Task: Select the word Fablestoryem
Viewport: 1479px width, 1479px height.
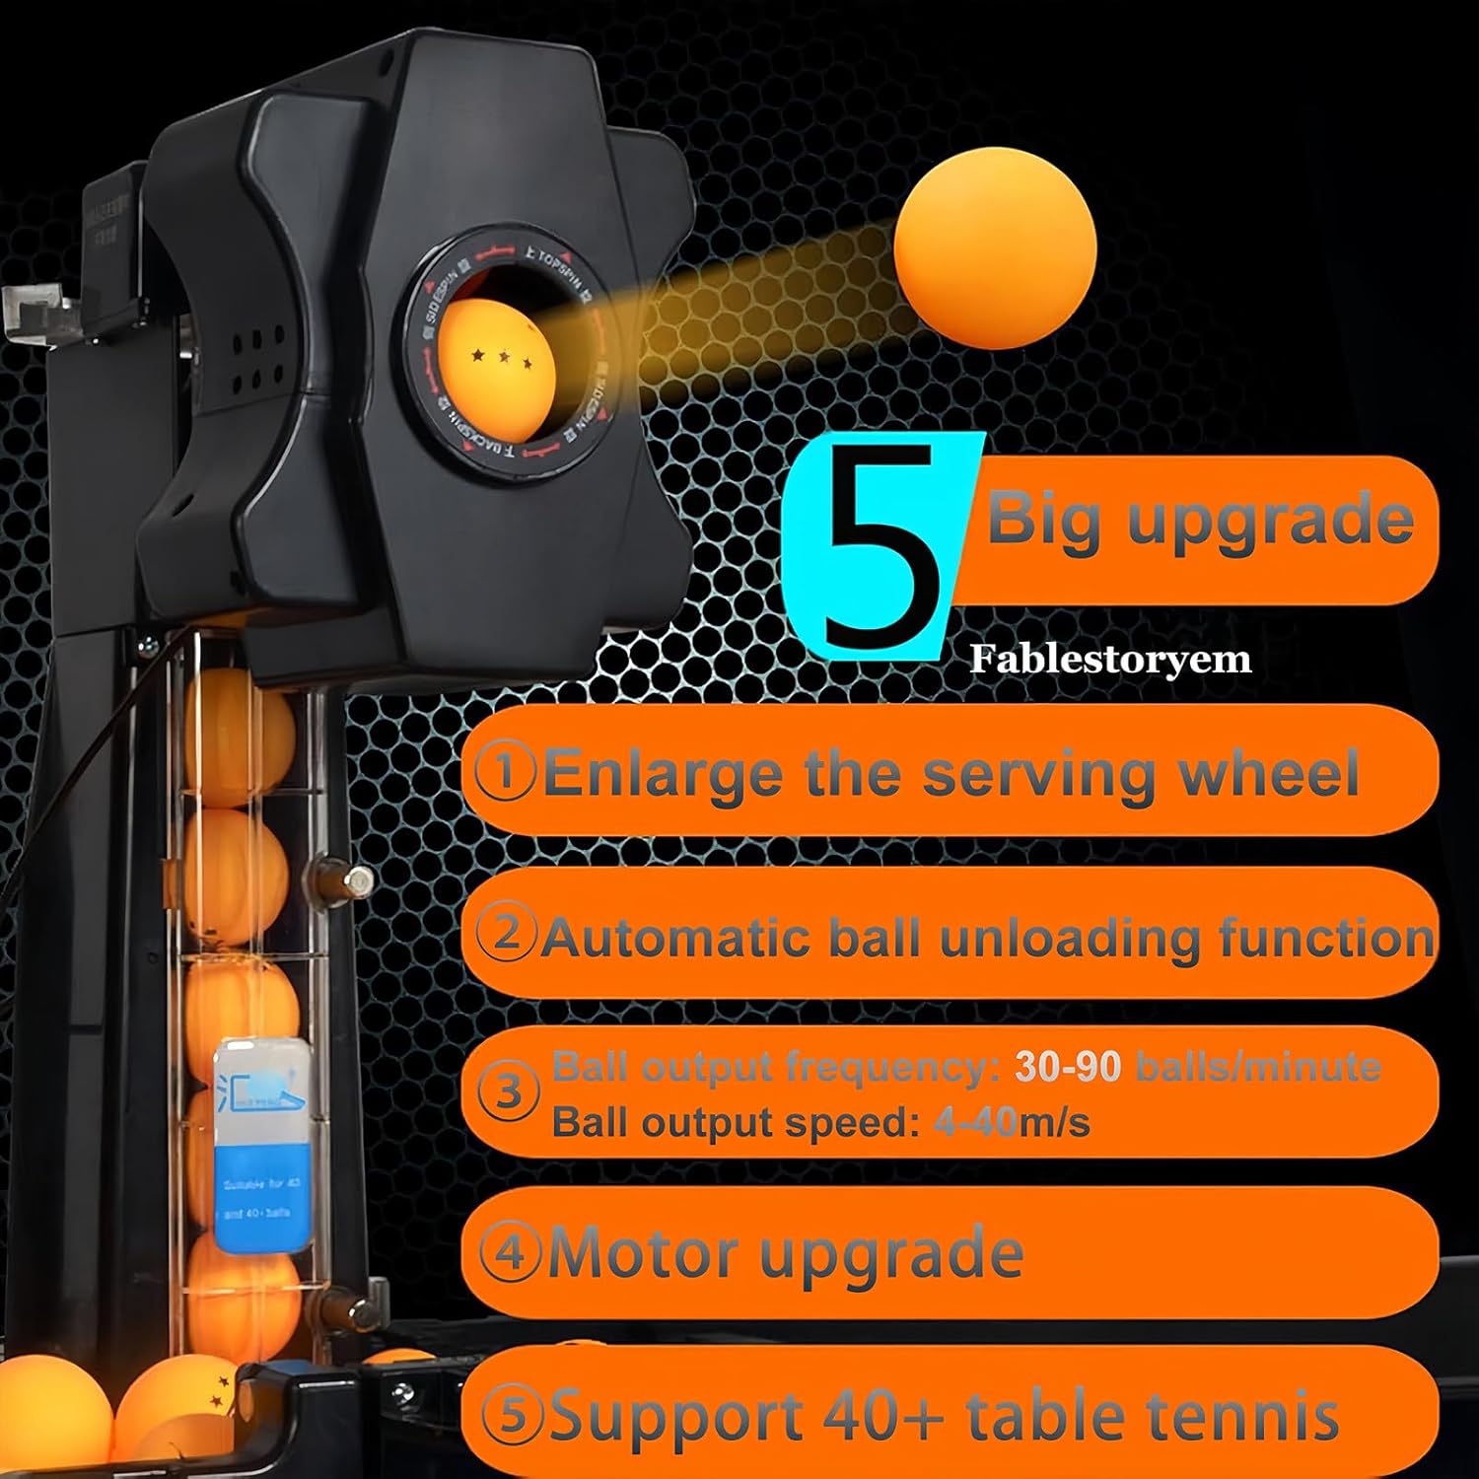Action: coord(1110,659)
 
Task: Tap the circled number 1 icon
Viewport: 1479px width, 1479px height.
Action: coord(505,772)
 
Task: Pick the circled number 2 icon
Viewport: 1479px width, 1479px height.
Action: coord(507,933)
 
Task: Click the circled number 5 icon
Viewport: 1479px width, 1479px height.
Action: coord(513,1415)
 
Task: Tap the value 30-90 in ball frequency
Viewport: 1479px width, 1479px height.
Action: coord(1069,1067)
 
